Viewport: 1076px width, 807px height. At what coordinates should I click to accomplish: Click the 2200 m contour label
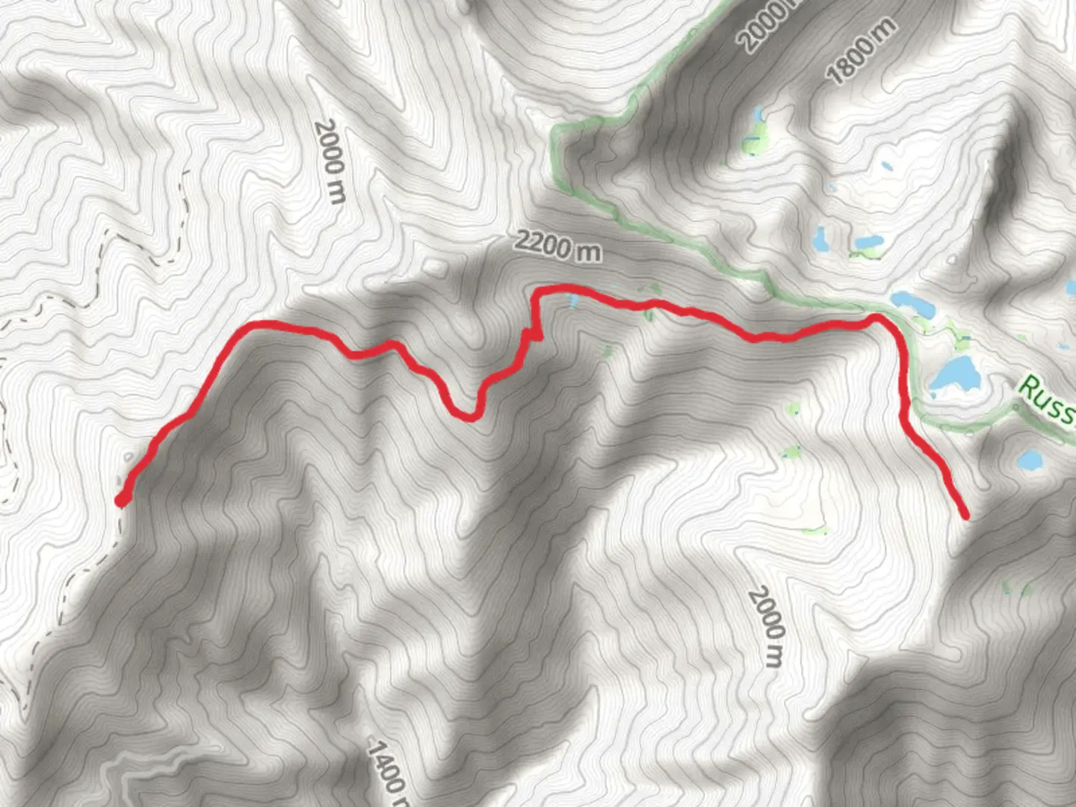[557, 246]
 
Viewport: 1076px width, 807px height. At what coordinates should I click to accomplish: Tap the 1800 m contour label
[861, 51]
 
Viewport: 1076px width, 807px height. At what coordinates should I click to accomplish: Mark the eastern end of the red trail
[965, 514]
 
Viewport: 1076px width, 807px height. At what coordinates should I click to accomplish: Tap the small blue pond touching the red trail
[573, 300]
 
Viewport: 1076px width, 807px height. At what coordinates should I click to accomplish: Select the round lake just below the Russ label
[1031, 459]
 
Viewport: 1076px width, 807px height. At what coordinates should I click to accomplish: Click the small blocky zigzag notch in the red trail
[534, 333]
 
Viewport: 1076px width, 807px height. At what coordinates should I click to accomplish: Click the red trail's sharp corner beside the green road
[879, 320]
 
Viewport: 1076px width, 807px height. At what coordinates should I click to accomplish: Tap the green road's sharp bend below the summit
[557, 133]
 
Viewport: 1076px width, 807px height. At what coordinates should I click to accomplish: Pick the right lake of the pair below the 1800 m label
[869, 242]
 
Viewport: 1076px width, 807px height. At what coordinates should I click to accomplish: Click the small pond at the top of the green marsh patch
[759, 116]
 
